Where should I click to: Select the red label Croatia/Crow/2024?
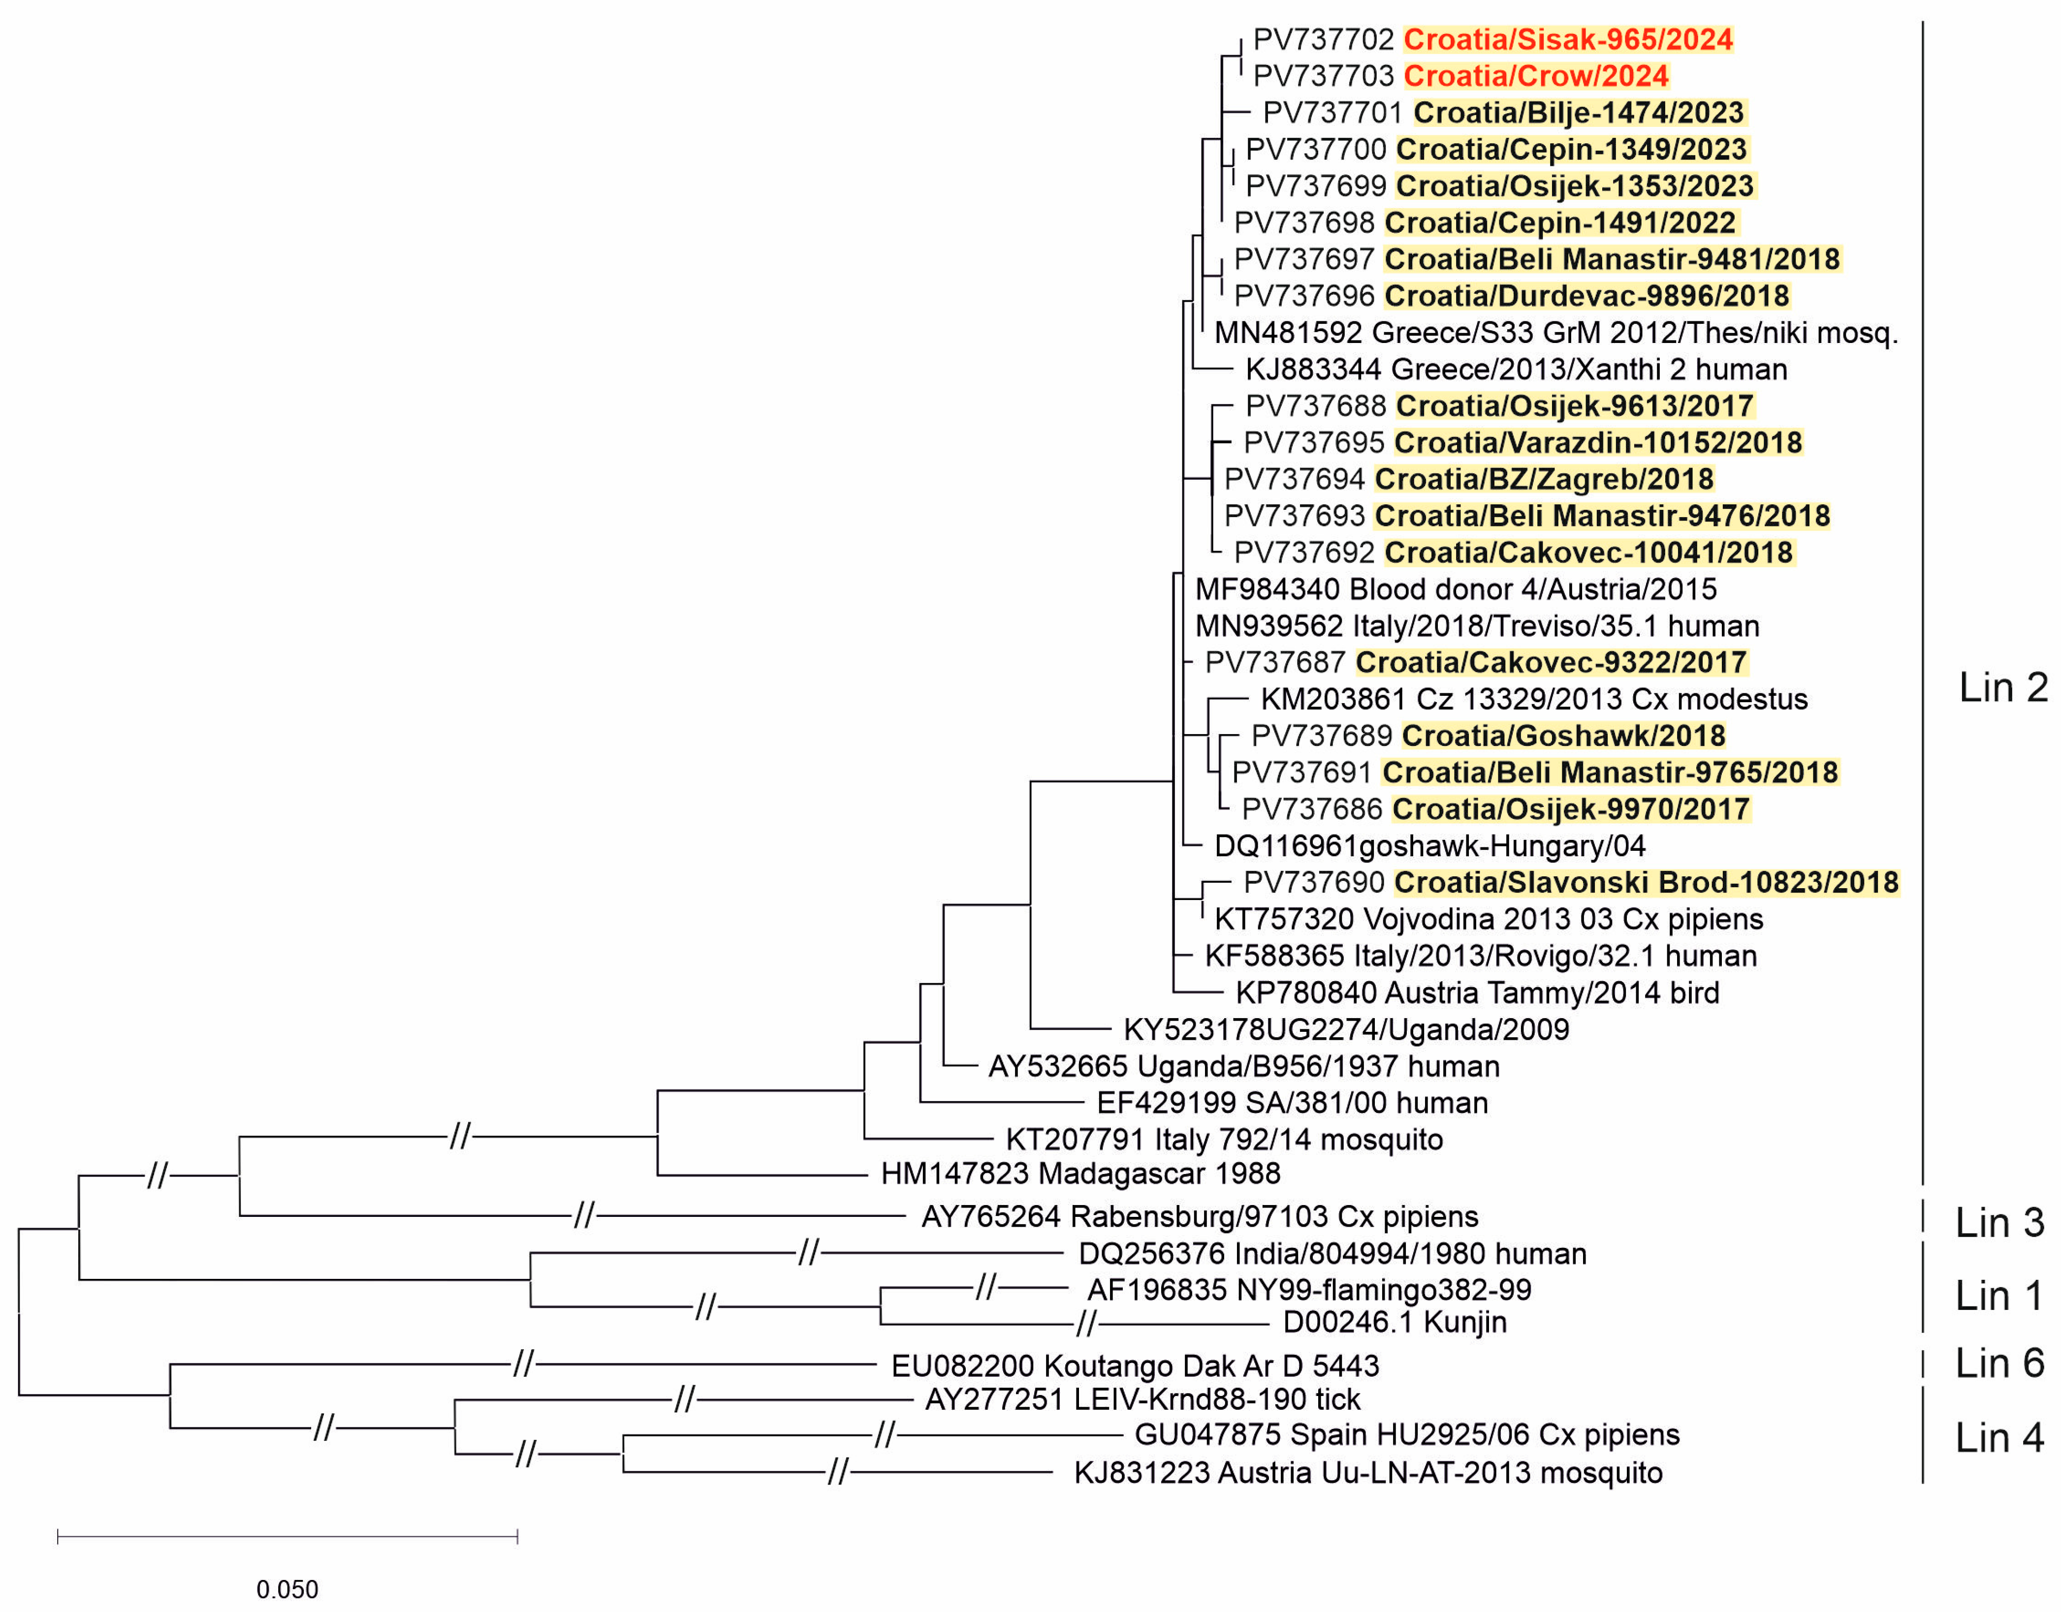(x=1536, y=75)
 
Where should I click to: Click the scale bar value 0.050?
(x=287, y=1589)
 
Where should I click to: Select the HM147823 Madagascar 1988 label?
(x=1080, y=1174)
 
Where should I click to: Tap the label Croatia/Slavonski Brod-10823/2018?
(x=1646, y=882)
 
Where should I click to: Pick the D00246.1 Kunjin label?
(x=1395, y=1322)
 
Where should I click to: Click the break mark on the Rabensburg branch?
(x=584, y=1215)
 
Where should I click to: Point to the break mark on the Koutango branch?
(x=523, y=1364)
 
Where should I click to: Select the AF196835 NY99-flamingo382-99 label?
(x=1308, y=1289)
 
